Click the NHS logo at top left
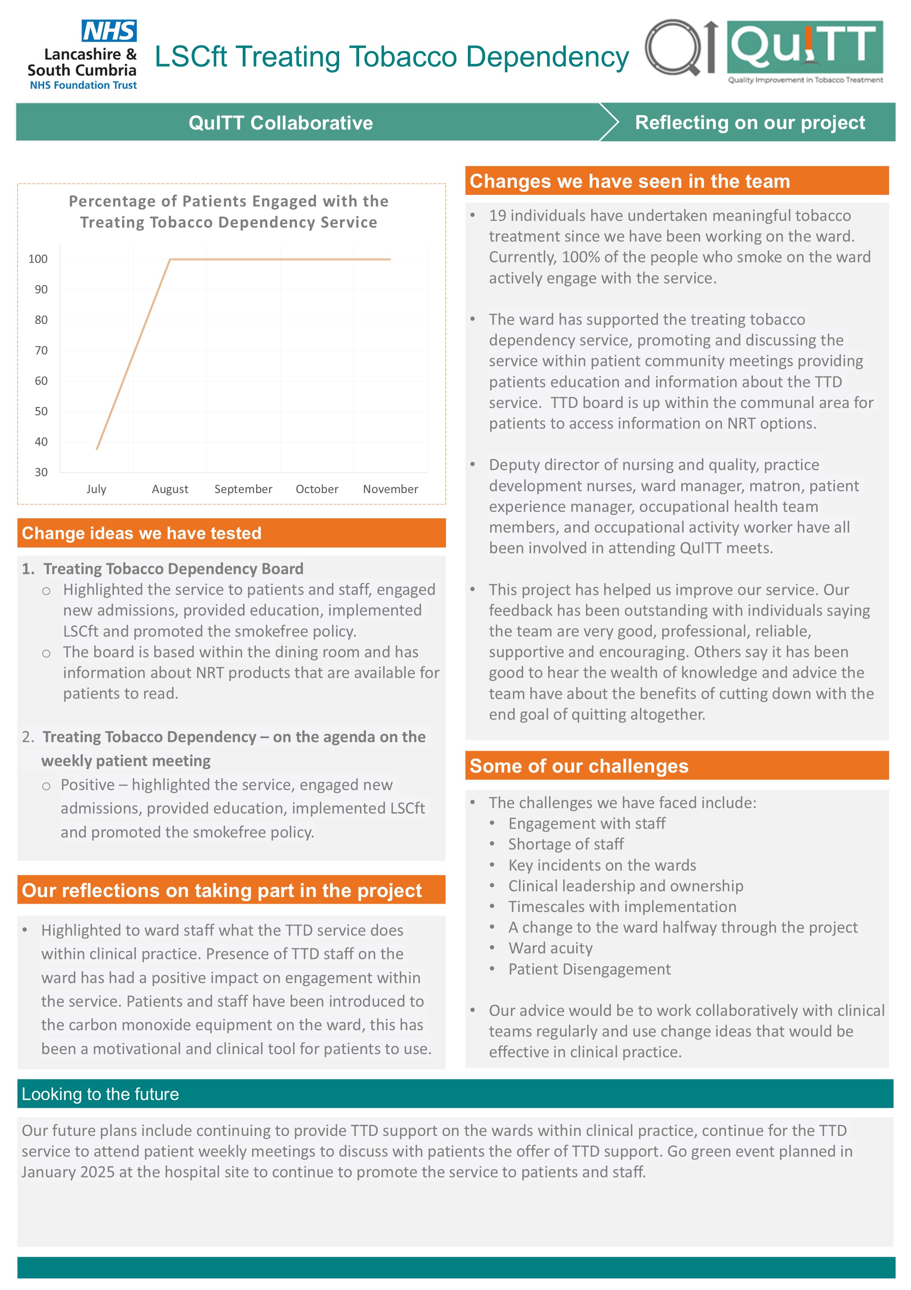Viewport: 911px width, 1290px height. click(x=109, y=31)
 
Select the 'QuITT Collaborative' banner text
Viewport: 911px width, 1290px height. click(x=280, y=123)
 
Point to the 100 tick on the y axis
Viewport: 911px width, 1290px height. click(x=38, y=259)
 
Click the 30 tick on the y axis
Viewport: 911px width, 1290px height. click(x=41, y=472)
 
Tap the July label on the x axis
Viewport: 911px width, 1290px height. click(x=96, y=489)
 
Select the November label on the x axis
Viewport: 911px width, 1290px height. click(x=390, y=489)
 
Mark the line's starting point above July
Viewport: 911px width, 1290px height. click(x=97, y=449)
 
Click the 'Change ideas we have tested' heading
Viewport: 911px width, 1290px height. click(x=142, y=533)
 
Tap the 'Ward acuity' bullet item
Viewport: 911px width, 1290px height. click(x=550, y=948)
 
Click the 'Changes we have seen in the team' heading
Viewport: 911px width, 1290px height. click(x=629, y=181)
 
